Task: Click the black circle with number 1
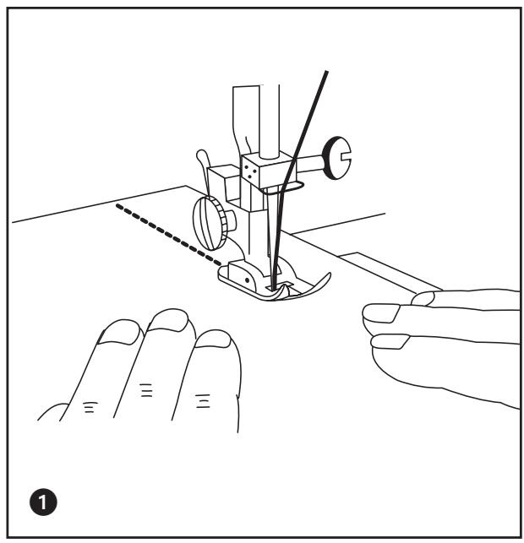(x=43, y=502)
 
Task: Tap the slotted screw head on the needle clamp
(x=336, y=158)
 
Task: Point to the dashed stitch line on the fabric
(x=169, y=235)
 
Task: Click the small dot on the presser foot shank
(x=247, y=280)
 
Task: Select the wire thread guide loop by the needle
(x=281, y=189)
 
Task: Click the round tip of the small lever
(x=201, y=155)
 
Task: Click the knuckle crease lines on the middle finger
(x=146, y=390)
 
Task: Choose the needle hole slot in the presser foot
(x=280, y=286)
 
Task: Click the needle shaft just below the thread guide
(x=270, y=225)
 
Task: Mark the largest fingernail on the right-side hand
(x=381, y=313)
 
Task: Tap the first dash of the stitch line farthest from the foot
(x=119, y=206)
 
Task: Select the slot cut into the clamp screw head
(x=346, y=158)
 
